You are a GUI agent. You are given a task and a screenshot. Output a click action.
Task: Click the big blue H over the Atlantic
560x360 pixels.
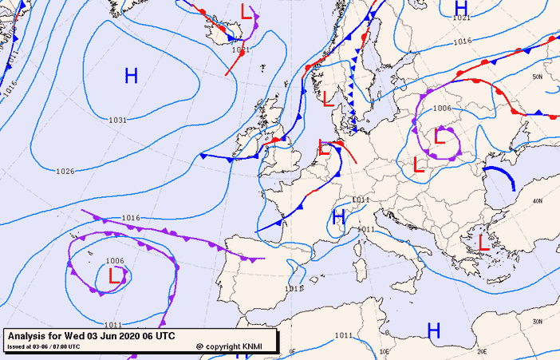click(x=132, y=76)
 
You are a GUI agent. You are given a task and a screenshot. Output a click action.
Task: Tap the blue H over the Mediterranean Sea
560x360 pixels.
click(x=434, y=330)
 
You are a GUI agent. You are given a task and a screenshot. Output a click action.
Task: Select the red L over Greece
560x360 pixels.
click(x=483, y=240)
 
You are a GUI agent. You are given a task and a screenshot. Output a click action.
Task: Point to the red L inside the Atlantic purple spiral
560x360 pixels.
click(x=115, y=277)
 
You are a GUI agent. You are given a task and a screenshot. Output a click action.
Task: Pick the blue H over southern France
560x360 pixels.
click(x=338, y=216)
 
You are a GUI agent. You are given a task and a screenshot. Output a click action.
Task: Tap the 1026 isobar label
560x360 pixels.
click(x=65, y=171)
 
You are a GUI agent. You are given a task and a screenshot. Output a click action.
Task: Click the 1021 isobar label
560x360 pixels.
click(x=460, y=18)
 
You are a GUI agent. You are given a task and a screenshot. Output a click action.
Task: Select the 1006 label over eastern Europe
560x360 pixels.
click(x=442, y=109)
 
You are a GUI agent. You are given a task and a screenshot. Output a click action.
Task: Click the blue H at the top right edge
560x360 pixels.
click(x=460, y=6)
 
